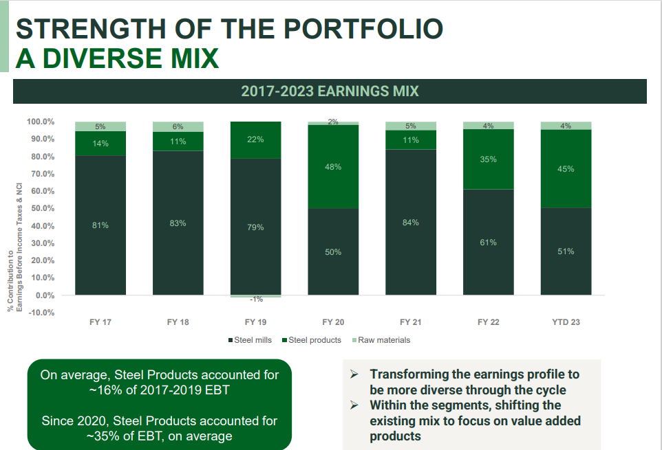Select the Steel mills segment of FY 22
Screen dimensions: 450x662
pos(489,242)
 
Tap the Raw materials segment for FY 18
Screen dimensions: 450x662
pos(178,126)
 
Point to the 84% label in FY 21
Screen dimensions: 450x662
pos(411,223)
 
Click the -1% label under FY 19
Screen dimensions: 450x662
pos(255,300)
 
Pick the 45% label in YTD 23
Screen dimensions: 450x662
pos(566,169)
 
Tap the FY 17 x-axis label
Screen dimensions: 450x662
pos(100,322)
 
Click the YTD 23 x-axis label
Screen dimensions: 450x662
pos(566,322)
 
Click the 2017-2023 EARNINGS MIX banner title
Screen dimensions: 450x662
pos(330,91)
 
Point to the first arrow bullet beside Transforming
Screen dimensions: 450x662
pos(354,374)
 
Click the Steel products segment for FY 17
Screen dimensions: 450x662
pos(100,144)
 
